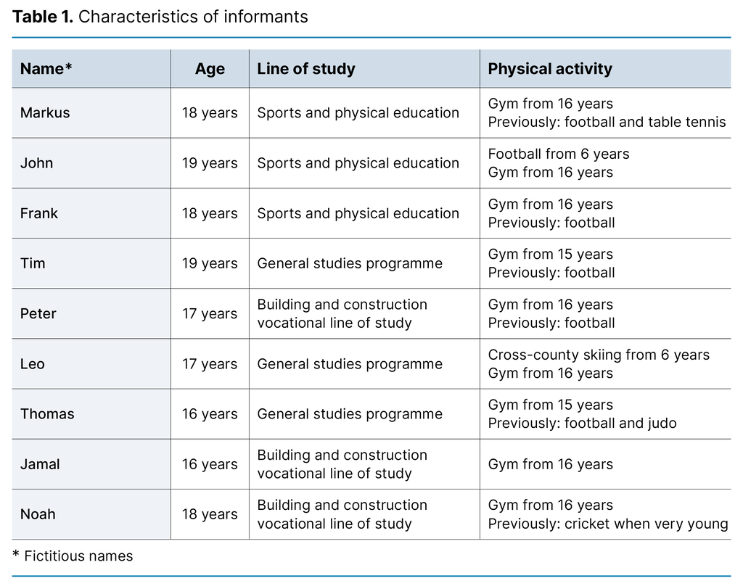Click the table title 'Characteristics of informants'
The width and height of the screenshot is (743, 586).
(x=192, y=17)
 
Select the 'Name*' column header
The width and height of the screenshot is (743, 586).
(x=46, y=69)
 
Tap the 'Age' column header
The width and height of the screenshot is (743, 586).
(x=210, y=69)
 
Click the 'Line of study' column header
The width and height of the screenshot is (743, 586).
(x=306, y=69)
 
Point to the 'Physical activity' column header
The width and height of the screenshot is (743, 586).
(x=550, y=69)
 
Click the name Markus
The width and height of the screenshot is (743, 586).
(x=45, y=113)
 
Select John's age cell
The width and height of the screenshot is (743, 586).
(x=210, y=163)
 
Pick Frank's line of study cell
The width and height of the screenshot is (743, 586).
(x=358, y=213)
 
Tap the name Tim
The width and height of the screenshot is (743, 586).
(x=33, y=263)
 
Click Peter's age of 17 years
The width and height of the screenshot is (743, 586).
(x=210, y=313)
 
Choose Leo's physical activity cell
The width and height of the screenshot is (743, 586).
(x=599, y=364)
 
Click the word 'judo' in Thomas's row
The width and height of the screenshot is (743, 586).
(x=660, y=424)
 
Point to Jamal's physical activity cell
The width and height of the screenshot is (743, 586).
(x=550, y=464)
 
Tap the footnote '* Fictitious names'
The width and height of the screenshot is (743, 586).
(x=73, y=556)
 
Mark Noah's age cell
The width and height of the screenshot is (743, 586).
(x=210, y=514)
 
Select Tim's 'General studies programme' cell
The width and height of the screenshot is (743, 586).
(x=350, y=263)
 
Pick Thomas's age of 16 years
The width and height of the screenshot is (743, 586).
(x=210, y=414)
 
